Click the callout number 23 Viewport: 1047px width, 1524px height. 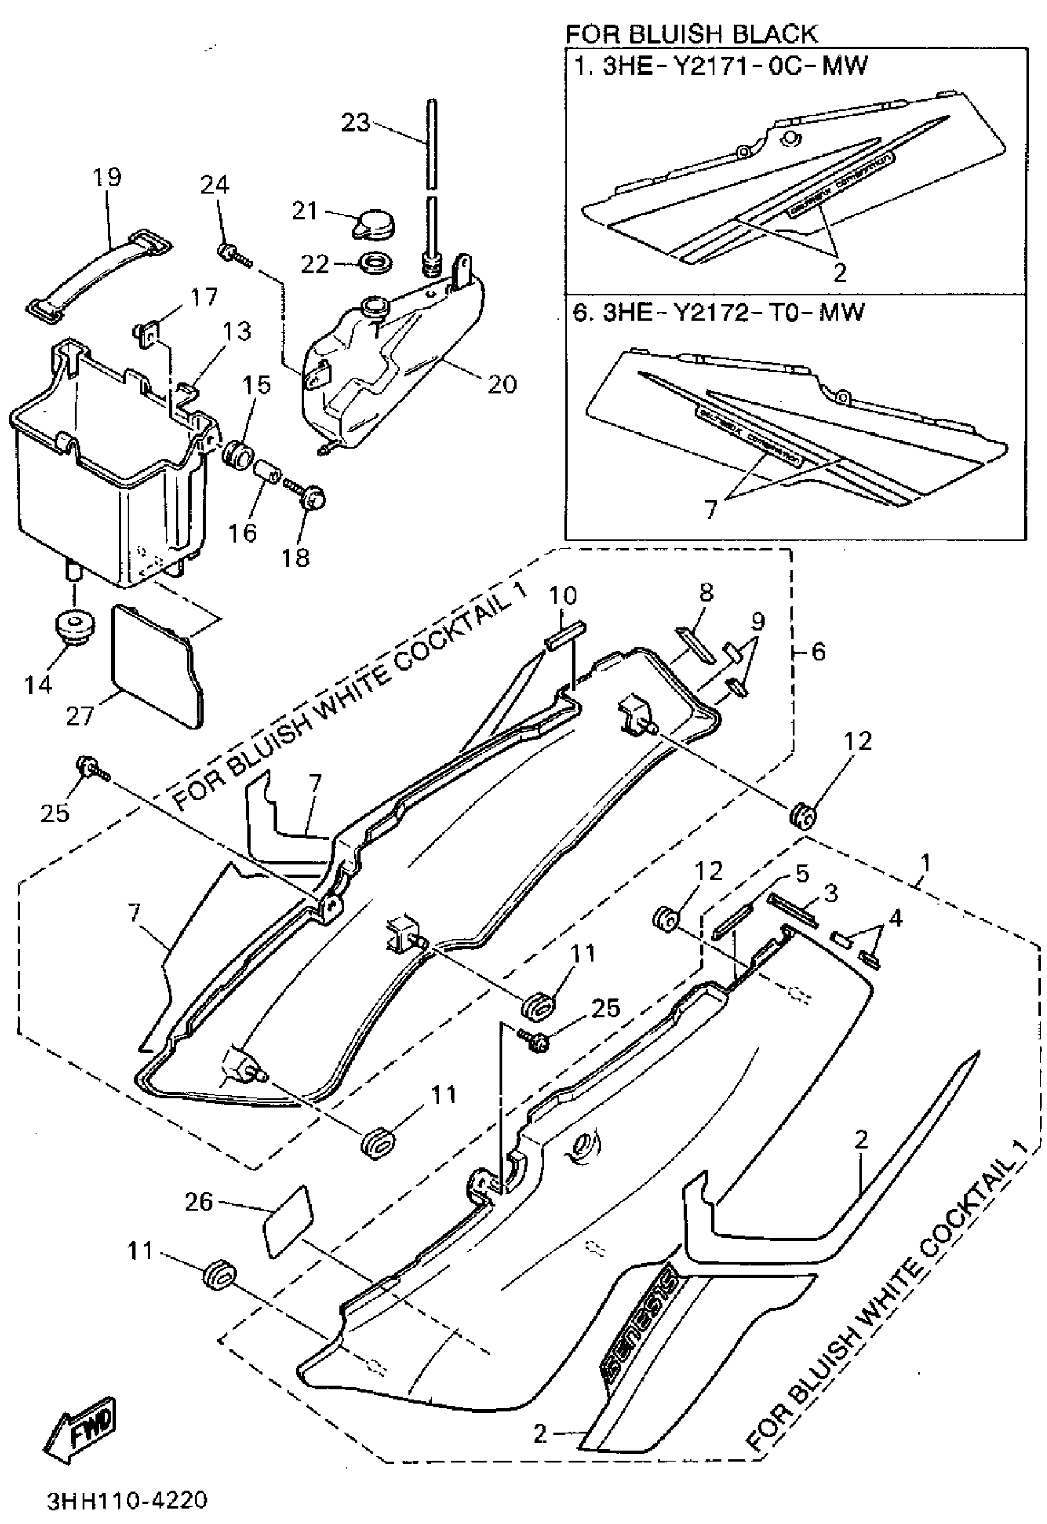pos(356,122)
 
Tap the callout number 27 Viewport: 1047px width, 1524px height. pos(79,715)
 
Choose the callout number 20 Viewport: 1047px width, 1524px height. pos(503,383)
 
